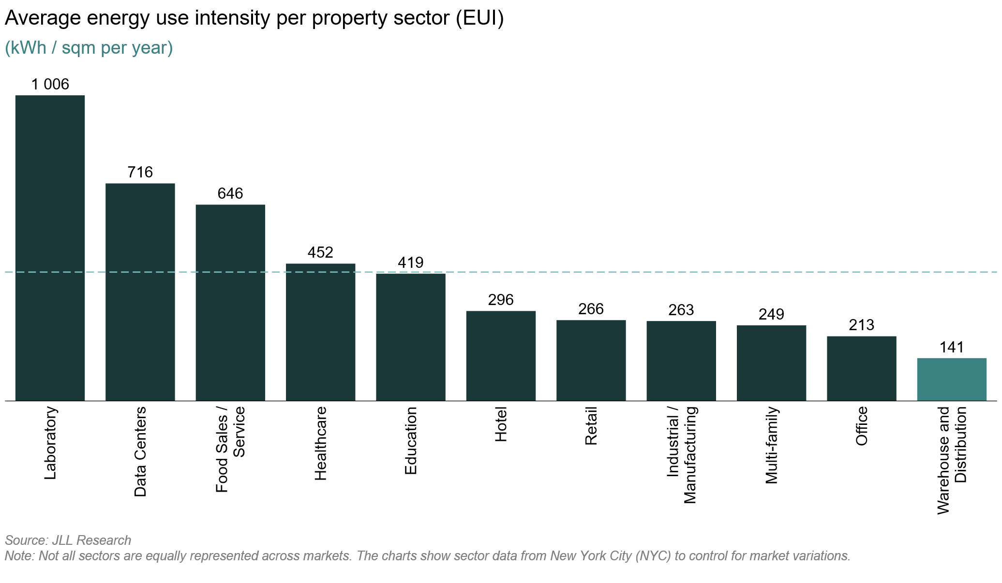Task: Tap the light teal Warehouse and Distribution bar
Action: (951, 379)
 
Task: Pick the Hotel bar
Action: (501, 355)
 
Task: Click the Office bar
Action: (861, 368)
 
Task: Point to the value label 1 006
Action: (50, 85)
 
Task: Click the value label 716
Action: (140, 172)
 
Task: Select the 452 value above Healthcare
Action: (320, 252)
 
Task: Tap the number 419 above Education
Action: (410, 262)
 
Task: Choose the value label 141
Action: (951, 347)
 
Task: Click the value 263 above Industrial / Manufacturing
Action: (681, 310)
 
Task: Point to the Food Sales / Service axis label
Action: (230, 449)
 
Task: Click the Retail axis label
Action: (591, 426)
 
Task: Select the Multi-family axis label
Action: (771, 445)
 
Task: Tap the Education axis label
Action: (410, 440)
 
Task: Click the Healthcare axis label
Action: (320, 443)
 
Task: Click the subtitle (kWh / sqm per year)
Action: (89, 48)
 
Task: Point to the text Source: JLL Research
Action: (68, 540)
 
